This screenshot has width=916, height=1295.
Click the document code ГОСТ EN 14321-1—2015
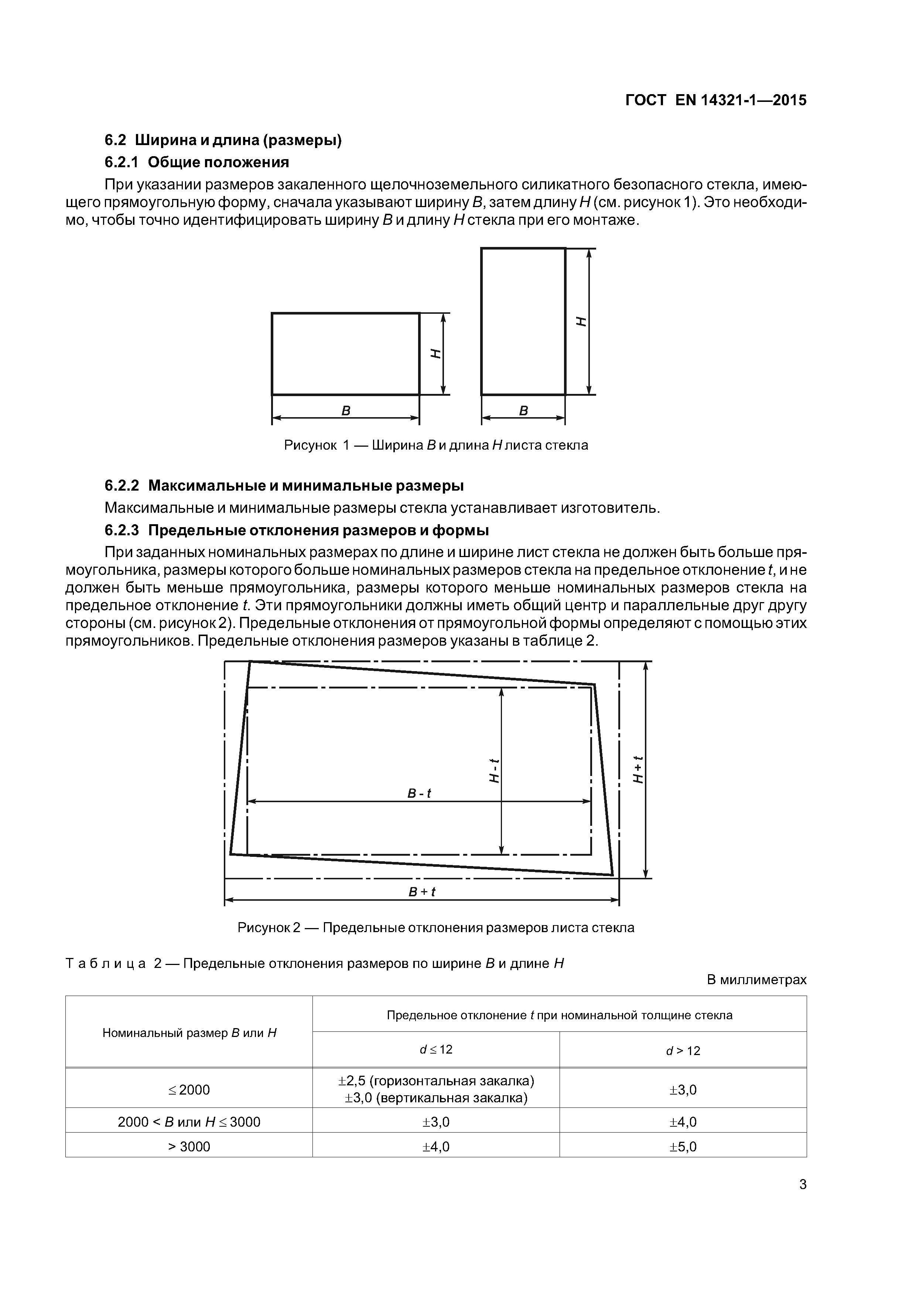point(716,100)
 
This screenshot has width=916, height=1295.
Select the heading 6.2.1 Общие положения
point(196,162)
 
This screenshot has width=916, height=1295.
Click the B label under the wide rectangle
point(346,411)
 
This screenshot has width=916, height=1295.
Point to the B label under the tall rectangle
point(523,411)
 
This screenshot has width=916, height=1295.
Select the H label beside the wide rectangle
point(435,354)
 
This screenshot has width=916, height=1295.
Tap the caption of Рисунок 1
point(436,445)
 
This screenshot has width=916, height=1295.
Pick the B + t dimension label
point(421,892)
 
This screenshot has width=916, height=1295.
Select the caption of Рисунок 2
point(436,928)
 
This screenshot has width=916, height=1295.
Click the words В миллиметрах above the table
point(756,980)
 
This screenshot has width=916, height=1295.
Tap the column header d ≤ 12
point(436,1049)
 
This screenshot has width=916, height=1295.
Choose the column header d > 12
point(683,1050)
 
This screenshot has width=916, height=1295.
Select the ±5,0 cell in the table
point(683,1146)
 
